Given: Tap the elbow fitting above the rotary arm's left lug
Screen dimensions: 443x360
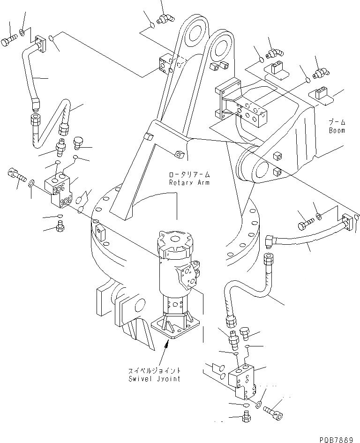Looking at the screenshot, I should click(164, 18).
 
